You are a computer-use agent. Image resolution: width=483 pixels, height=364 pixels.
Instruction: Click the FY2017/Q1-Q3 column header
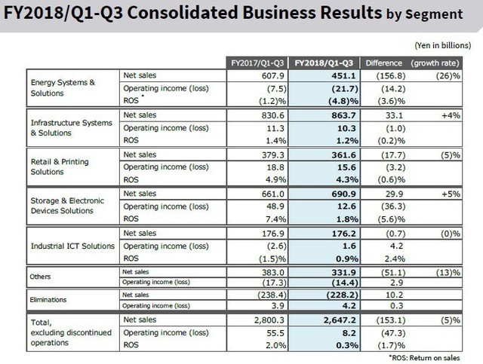[258, 63]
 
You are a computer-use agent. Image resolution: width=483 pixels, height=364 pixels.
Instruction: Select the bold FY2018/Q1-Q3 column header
[325, 63]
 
